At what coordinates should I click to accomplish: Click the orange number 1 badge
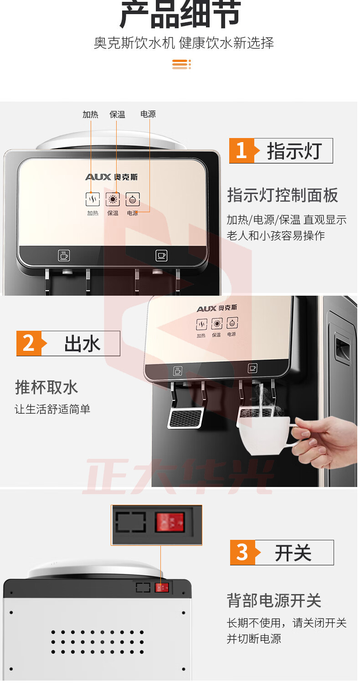coord(242,151)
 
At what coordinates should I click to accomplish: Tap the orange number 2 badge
coord(29,343)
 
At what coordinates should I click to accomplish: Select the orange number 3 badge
coord(242,552)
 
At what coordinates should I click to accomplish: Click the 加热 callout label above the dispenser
coord(91,114)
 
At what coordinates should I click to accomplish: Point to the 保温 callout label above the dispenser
coord(117,114)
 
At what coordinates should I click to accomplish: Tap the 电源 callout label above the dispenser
coord(148,114)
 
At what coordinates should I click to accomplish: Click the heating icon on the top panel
coord(93,200)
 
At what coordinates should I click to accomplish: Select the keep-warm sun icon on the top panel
coord(113,200)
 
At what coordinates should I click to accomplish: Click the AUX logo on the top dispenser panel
coord(98,177)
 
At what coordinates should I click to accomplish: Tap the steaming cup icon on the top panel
coord(64,255)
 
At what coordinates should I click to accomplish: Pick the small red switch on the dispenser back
coord(162,588)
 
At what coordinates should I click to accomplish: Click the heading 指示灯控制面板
coord(283,195)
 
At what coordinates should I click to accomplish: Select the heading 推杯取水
coord(46,387)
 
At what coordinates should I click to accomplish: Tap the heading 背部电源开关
coord(274,600)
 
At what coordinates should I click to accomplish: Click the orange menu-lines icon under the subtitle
coord(182,64)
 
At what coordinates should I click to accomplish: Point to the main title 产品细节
coord(180,14)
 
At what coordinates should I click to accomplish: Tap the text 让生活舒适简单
coord(52,409)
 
